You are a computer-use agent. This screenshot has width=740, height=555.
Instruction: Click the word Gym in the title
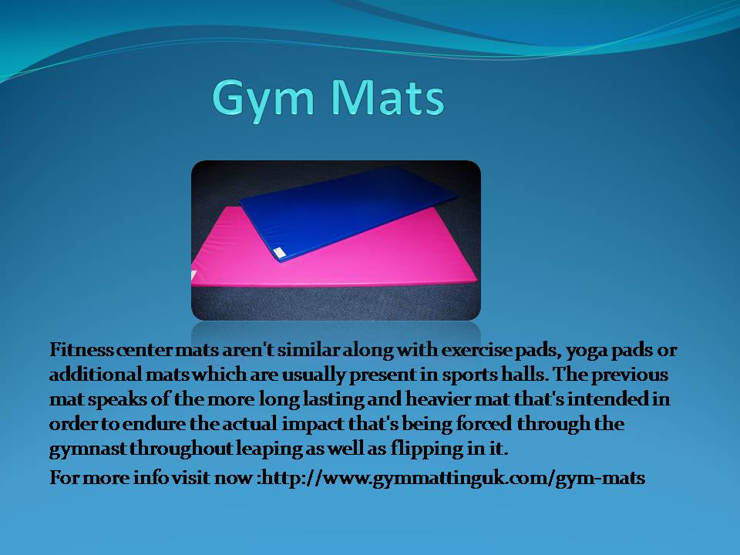tap(263, 100)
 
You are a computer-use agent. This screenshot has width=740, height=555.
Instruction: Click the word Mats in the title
tap(387, 97)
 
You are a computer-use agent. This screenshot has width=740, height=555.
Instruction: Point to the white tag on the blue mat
tap(279, 253)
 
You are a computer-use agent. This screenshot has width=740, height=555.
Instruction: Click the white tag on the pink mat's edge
tap(193, 276)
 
